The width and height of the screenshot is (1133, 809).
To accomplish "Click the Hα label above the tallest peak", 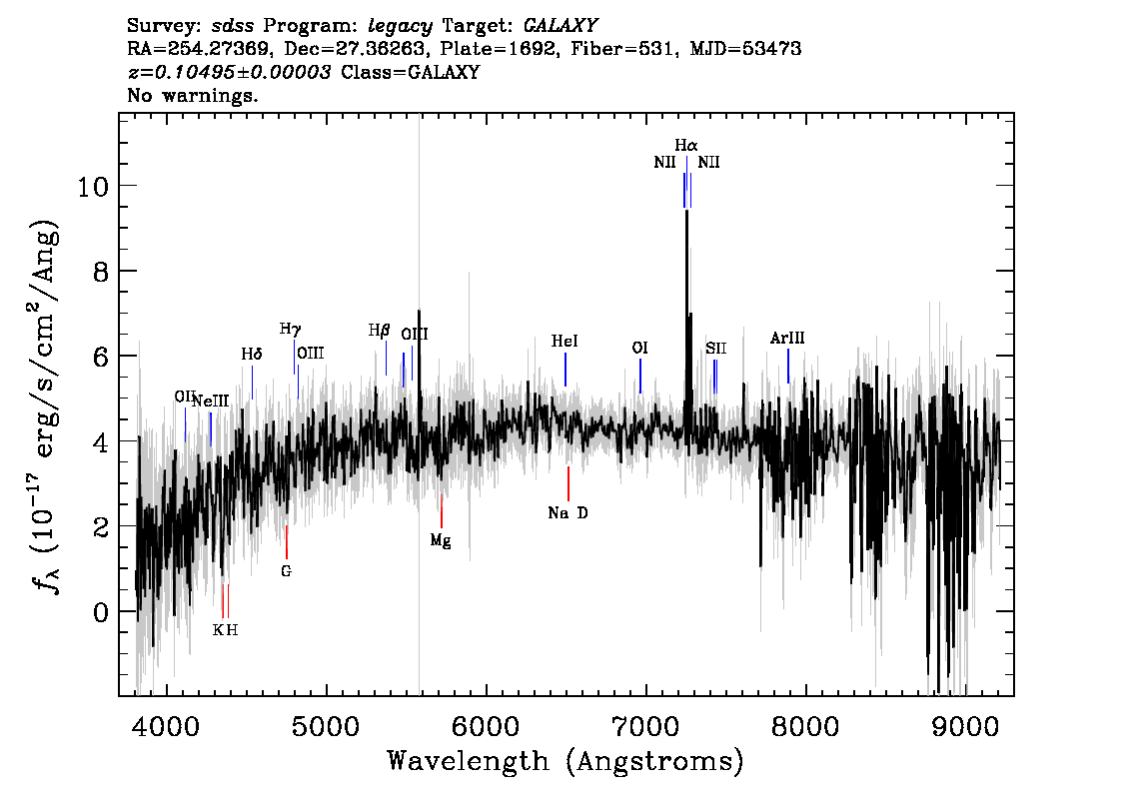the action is [x=685, y=145].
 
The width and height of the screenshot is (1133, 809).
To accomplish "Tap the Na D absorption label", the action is [x=567, y=512].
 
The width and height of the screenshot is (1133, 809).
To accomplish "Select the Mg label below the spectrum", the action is [x=441, y=540].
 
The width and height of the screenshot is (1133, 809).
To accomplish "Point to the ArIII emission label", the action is [x=787, y=338].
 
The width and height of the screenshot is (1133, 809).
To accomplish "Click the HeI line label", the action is [x=565, y=341].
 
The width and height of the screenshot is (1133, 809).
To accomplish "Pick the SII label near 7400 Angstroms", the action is [x=716, y=349].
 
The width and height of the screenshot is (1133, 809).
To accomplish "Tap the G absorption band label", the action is [x=286, y=570].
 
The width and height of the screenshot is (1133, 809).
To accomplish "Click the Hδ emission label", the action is [x=252, y=354].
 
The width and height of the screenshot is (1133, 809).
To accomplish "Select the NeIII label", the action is [x=210, y=401].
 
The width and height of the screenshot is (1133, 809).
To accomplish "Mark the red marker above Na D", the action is [x=568, y=484].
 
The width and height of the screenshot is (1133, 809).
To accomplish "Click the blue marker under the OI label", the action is [x=640, y=377].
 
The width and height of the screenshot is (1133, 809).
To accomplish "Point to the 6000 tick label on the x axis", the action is [x=487, y=727].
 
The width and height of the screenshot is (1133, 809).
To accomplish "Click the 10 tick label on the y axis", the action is [x=93, y=187].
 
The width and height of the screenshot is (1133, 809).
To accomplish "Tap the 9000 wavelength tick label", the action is [x=964, y=727].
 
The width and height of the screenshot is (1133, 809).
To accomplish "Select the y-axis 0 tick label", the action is [x=101, y=612].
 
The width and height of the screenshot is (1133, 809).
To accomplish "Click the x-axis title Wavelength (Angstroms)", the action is [x=566, y=761].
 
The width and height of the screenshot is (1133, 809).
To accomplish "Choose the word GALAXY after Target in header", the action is [x=560, y=26].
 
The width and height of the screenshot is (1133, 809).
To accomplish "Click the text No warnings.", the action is [x=192, y=95].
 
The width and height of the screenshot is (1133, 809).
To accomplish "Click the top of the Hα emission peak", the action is [x=686, y=212].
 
